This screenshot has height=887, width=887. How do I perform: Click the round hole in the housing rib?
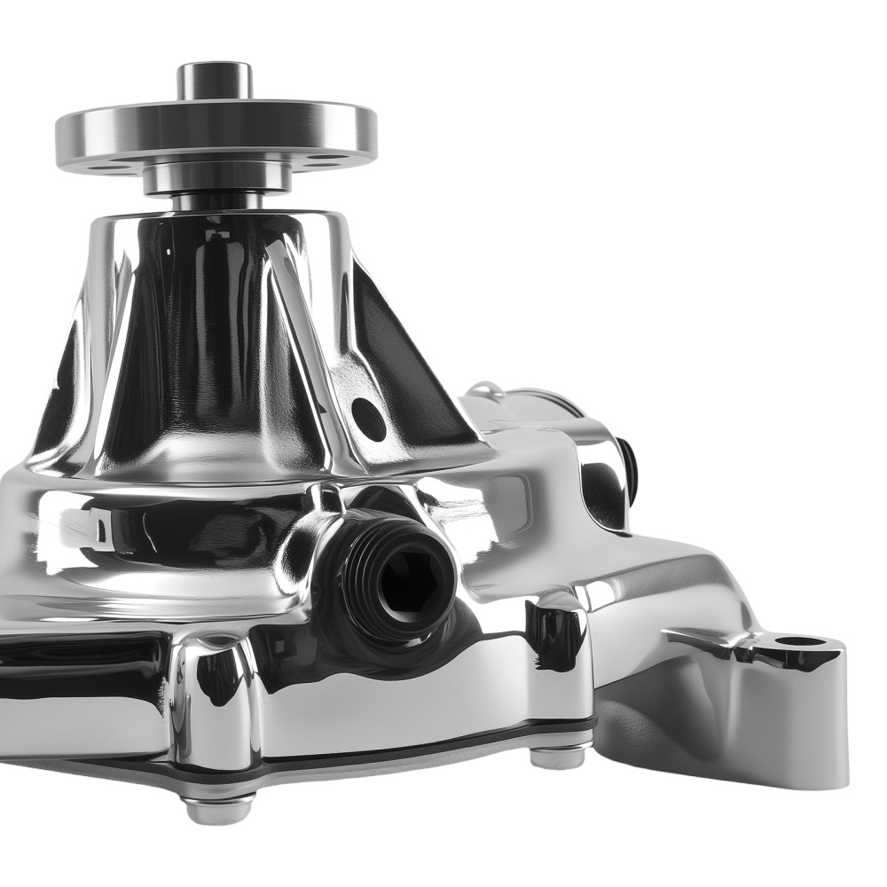click(x=368, y=419)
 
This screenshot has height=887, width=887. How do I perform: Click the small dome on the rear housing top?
click(x=485, y=389)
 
